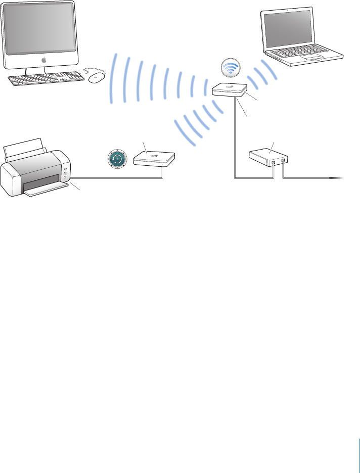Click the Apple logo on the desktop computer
(43, 60)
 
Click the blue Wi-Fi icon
(230, 68)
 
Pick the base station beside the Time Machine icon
(154, 159)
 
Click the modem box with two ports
(268, 157)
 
